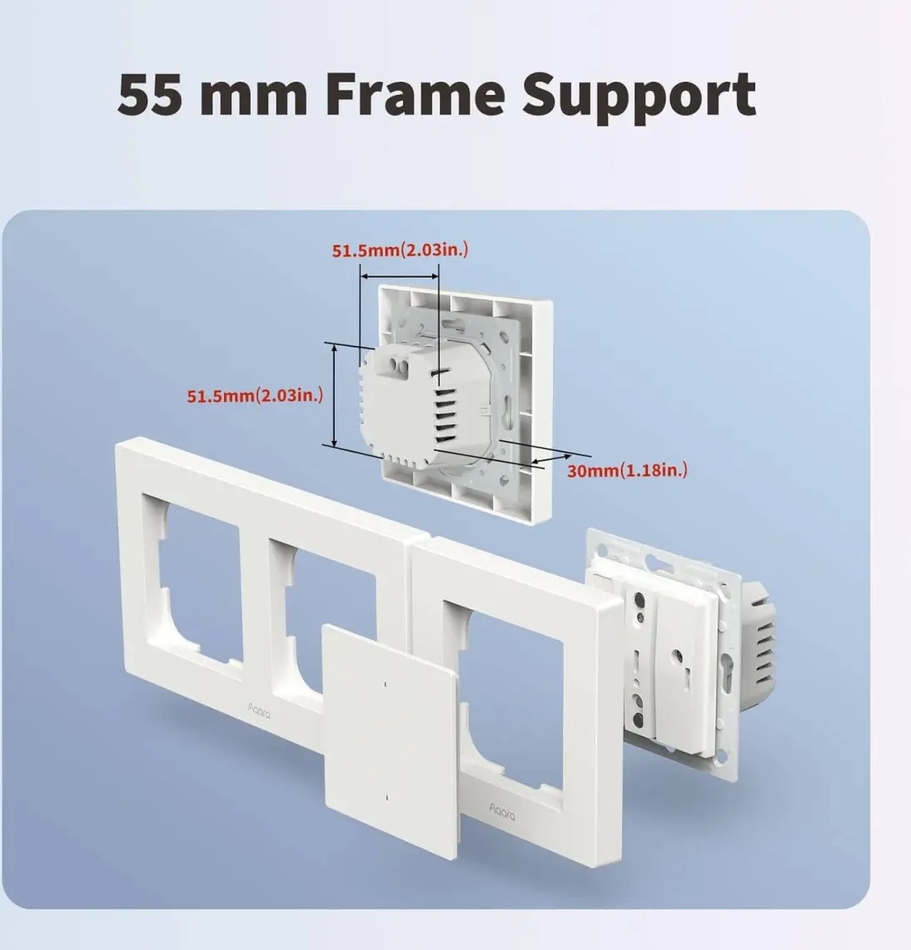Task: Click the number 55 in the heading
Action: point(150,94)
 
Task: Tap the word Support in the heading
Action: point(640,99)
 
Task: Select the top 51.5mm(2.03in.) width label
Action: point(400,250)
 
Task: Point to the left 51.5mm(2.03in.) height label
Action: point(255,396)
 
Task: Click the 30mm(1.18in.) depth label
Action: point(627,470)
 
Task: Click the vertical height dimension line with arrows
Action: point(334,394)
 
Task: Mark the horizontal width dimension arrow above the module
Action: point(399,277)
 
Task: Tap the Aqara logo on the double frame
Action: point(259,710)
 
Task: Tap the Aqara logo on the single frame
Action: point(502,811)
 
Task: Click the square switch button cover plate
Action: point(391,741)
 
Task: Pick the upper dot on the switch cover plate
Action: point(386,685)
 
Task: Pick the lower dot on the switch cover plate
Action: point(386,798)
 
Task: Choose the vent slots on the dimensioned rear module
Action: point(445,406)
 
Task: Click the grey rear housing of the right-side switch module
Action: point(759,643)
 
